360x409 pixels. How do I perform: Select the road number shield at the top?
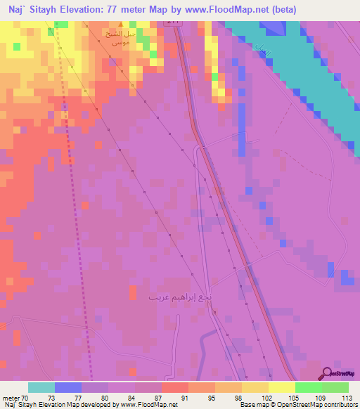(173, 22)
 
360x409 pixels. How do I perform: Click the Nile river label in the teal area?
(263, 51)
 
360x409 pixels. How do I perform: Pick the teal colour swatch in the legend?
(41, 387)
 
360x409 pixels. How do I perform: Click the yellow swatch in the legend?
(282, 387)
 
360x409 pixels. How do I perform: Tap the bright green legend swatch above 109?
(309, 387)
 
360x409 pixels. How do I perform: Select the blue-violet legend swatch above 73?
(68, 387)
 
